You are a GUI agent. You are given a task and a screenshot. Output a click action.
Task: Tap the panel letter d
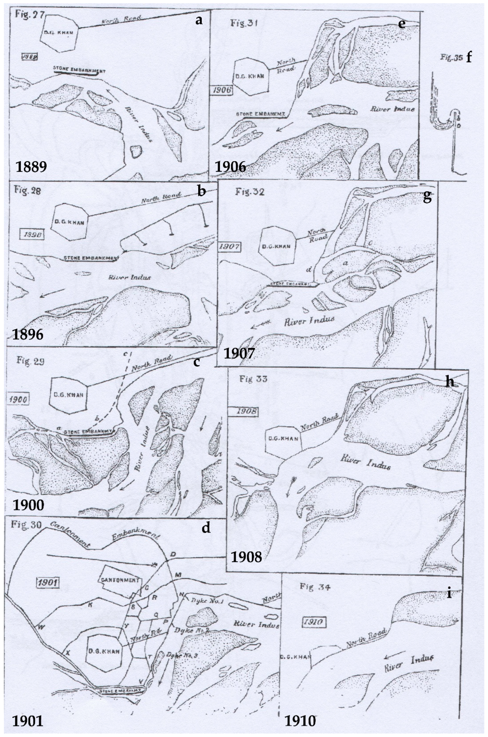click(x=206, y=527)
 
